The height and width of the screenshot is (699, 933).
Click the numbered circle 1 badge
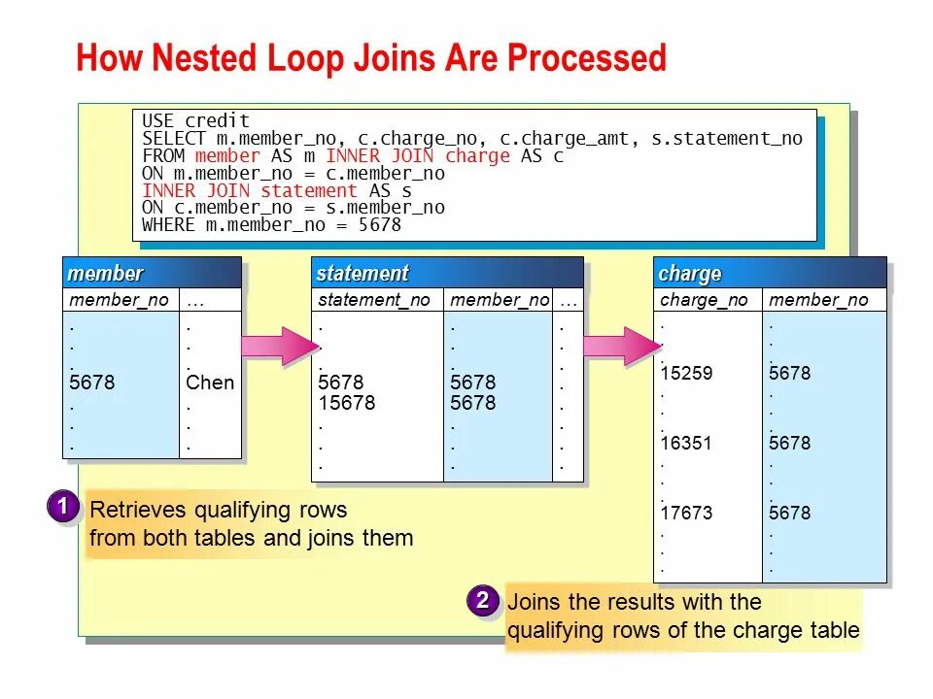point(62,507)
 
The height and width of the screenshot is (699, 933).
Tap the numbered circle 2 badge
point(481,600)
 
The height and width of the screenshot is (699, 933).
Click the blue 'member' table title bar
point(152,273)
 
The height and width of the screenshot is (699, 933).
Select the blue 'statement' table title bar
point(447,273)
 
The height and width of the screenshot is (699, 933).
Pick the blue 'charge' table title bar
point(770,273)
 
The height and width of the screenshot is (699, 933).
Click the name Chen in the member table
point(210,383)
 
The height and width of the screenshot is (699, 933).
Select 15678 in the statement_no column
point(347,403)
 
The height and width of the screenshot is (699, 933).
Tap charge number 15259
point(686,374)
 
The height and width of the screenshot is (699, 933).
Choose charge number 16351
point(686,444)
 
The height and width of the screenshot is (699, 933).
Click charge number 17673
point(686,513)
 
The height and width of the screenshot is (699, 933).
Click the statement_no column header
point(373,300)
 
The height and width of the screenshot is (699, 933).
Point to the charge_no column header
point(704,300)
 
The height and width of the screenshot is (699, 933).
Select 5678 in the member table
point(92,383)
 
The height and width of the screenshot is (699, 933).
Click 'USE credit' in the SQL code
point(196,121)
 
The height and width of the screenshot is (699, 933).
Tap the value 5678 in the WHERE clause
point(379,225)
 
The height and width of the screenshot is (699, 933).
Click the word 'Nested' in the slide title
point(204,58)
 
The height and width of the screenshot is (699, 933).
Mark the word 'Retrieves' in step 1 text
point(137,510)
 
